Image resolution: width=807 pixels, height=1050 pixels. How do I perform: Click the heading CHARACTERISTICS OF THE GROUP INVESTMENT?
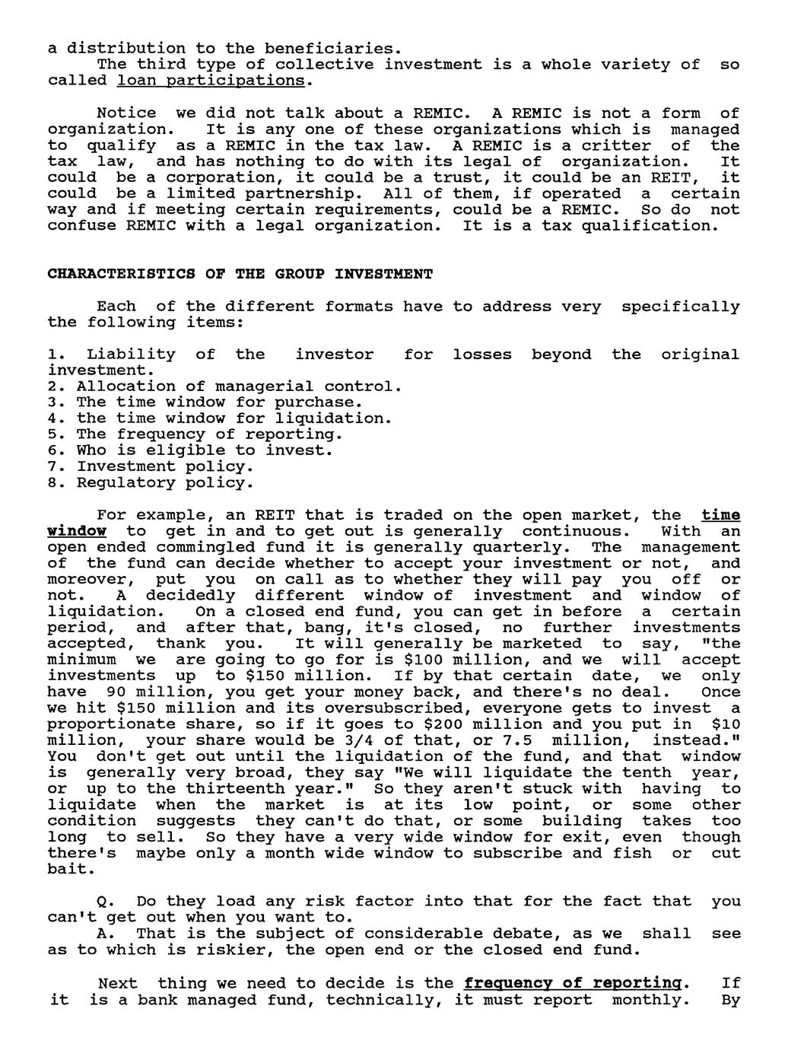point(240,274)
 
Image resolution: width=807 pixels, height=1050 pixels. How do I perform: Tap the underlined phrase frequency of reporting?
point(572,983)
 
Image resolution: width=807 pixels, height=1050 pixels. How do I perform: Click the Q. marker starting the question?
point(106,902)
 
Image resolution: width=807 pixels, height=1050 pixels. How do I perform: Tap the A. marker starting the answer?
point(106,934)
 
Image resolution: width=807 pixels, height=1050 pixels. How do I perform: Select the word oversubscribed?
point(284,708)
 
